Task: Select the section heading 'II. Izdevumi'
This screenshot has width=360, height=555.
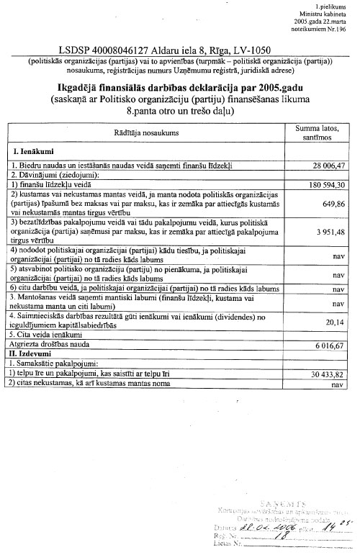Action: coord(32,355)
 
